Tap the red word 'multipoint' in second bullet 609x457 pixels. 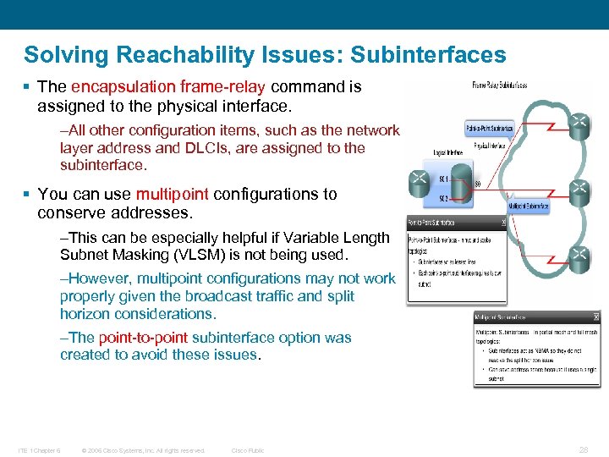click(x=173, y=194)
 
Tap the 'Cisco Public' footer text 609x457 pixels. click(x=248, y=450)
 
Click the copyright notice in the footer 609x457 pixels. click(x=143, y=450)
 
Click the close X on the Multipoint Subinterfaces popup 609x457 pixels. click(x=595, y=317)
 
